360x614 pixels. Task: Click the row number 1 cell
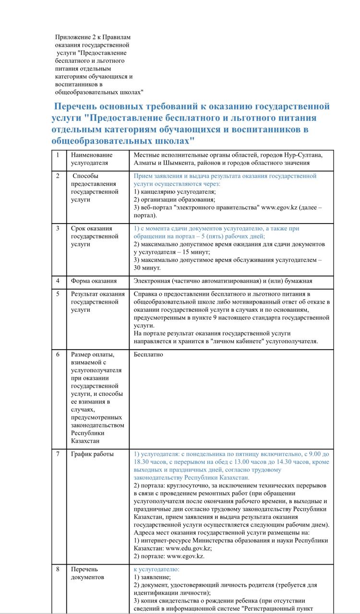58,155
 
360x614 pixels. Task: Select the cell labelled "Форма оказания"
94,281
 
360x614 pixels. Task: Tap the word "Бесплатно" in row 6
148,354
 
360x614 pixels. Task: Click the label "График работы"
92,454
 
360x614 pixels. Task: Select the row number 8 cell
58,569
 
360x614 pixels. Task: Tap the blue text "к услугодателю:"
156,569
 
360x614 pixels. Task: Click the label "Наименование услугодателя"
92,159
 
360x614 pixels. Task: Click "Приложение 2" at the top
75,37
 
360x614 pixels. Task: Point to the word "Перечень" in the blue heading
81,106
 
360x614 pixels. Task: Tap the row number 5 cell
58,294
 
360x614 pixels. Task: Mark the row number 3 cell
58,228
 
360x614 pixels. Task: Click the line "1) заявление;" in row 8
152,577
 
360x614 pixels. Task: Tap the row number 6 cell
58,354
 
